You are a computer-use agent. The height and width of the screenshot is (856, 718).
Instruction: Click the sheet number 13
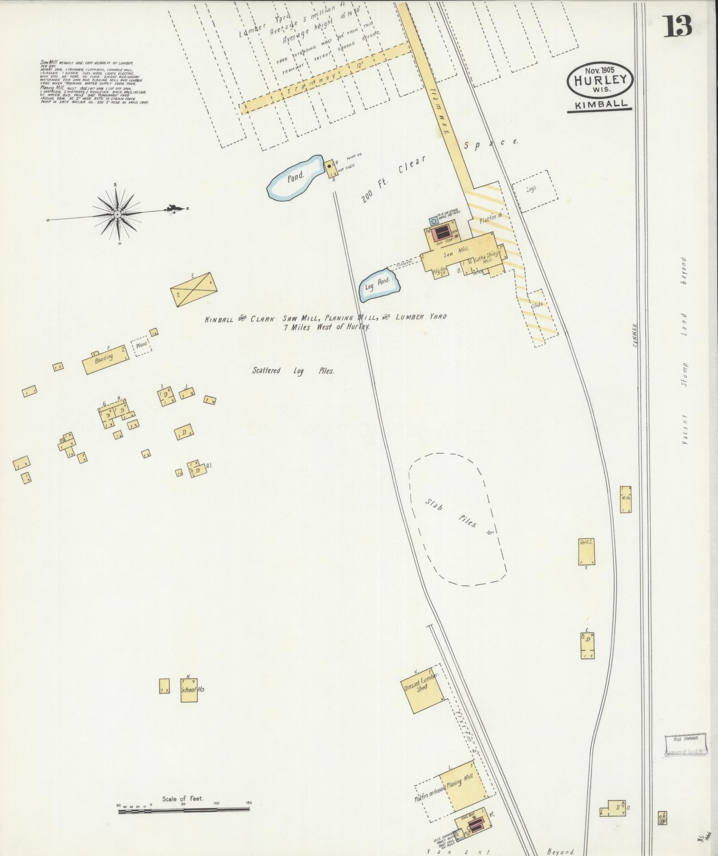(678, 26)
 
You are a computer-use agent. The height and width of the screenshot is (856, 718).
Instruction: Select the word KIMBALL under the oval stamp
(598, 104)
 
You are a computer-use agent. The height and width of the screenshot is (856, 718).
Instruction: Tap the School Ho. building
(189, 690)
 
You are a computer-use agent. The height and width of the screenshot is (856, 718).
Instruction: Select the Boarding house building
(105, 359)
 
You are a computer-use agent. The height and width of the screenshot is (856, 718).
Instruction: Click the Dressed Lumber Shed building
(422, 689)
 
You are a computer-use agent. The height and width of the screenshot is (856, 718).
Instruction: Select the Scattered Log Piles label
(293, 371)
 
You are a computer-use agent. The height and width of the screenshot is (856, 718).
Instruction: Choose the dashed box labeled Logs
(535, 191)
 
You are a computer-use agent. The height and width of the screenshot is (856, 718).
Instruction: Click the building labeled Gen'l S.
(587, 551)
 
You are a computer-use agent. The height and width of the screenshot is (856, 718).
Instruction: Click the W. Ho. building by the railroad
(626, 499)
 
